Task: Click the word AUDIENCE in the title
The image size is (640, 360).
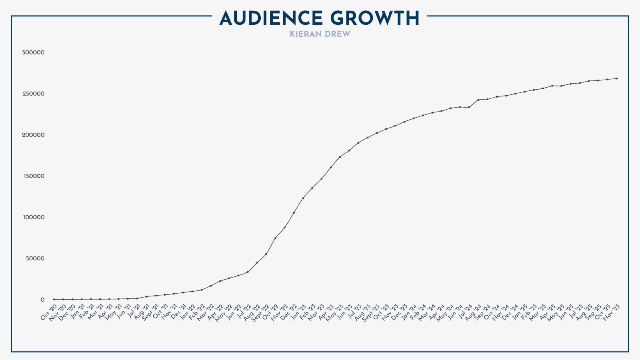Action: tap(271, 18)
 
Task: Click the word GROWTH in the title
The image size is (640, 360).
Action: tap(375, 18)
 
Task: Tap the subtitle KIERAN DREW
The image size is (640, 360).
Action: tap(320, 34)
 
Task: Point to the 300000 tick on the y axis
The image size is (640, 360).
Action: tap(33, 52)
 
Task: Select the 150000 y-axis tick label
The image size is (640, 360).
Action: tap(33, 176)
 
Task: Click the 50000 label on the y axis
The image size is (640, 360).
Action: tap(35, 258)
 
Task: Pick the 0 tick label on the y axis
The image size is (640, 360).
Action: tap(42, 300)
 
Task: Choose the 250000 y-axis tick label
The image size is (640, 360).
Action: tap(33, 94)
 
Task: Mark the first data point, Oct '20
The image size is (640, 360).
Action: tap(54, 299)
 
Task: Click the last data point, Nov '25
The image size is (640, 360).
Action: tap(617, 78)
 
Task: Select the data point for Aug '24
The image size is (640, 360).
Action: tap(478, 100)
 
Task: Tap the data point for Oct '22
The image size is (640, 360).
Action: tap(275, 238)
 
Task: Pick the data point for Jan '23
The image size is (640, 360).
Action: tap(303, 198)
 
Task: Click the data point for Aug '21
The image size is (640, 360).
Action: tap(146, 296)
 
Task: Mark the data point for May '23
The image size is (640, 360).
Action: tap(340, 157)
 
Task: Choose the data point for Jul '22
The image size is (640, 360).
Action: tap(248, 272)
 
